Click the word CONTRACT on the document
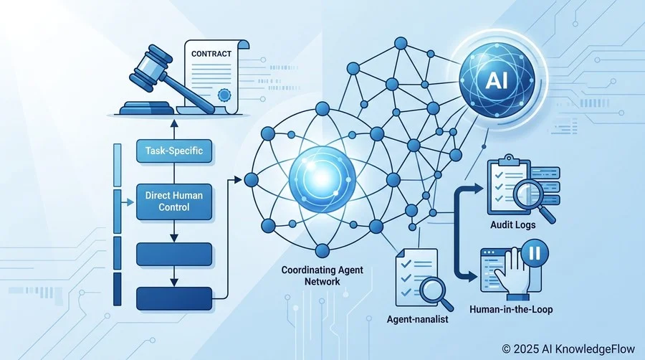(211, 54)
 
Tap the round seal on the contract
(224, 95)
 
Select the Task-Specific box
(174, 151)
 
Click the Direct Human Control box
(174, 202)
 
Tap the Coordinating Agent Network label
(322, 275)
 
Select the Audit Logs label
(513, 225)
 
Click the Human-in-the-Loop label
(511, 309)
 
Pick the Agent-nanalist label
(418, 319)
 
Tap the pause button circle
(535, 252)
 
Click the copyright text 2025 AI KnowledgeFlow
(568, 349)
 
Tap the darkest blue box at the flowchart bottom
(174, 299)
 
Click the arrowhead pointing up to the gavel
(174, 123)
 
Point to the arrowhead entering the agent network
(237, 179)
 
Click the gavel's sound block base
(145, 108)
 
